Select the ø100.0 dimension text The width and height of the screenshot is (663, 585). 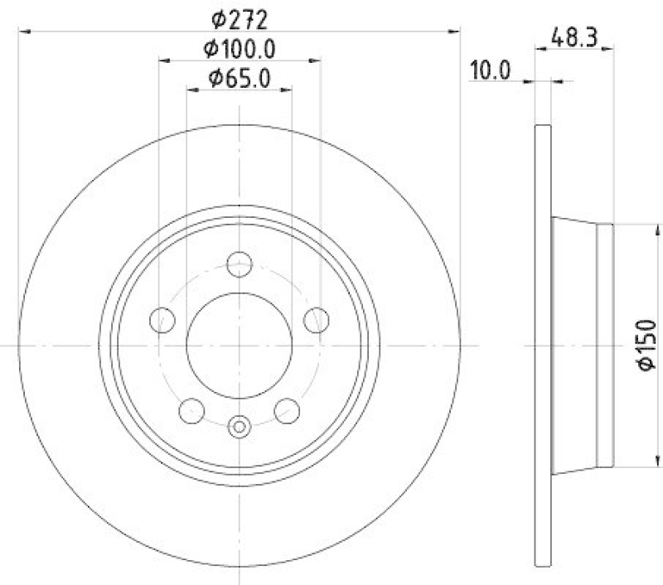(240, 48)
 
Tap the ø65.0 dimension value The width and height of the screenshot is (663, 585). (239, 80)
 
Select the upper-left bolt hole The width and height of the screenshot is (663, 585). (162, 320)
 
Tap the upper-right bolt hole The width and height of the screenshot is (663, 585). (317, 320)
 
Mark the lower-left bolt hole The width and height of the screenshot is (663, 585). (191, 409)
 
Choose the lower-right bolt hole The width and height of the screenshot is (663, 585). (287, 409)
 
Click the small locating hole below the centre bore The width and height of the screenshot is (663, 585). (239, 428)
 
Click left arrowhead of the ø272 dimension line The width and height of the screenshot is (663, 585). (23, 31)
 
